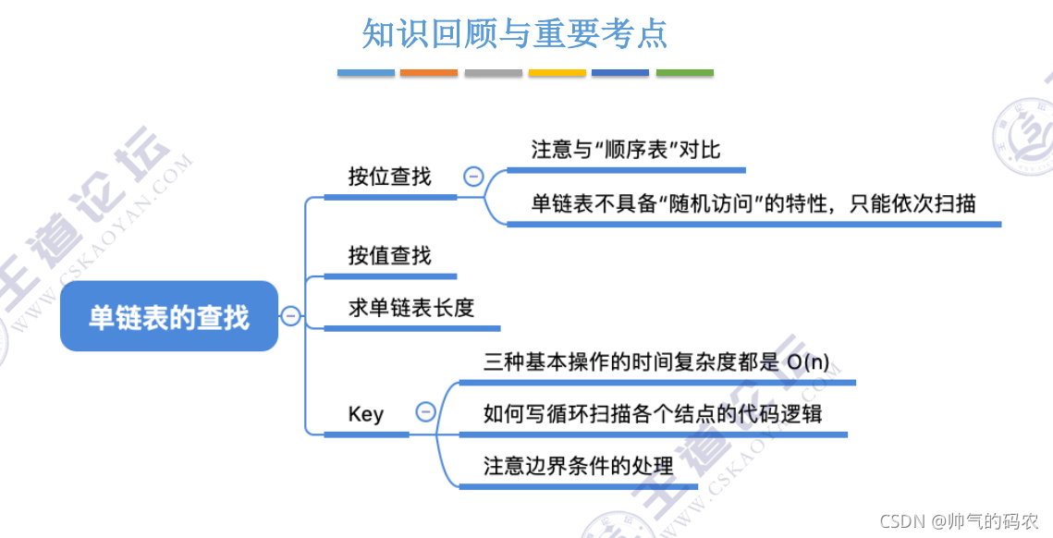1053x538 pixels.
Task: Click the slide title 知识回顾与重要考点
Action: click(x=514, y=34)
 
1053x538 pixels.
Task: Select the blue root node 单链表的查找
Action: click(x=169, y=317)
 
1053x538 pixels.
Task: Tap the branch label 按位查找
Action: click(x=389, y=177)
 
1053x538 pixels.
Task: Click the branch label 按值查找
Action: click(x=389, y=255)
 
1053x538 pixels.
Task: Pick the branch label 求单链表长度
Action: click(x=410, y=308)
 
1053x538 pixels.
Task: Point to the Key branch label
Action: click(x=366, y=413)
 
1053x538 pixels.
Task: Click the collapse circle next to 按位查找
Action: click(x=473, y=176)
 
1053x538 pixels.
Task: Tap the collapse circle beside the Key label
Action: click(x=425, y=412)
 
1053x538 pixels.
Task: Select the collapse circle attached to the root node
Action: click(x=290, y=316)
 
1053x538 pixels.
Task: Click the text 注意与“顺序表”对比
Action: click(x=625, y=149)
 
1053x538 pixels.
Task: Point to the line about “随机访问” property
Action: click(x=753, y=202)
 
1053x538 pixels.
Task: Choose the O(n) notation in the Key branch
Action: click(x=807, y=361)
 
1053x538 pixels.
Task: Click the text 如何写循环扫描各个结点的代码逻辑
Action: click(x=653, y=412)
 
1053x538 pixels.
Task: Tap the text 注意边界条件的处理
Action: click(x=578, y=465)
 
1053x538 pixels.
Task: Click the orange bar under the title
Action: click(x=428, y=72)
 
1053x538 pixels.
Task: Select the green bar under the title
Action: click(x=684, y=72)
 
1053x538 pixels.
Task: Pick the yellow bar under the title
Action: click(x=557, y=72)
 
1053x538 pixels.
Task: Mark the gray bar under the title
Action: click(x=493, y=72)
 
